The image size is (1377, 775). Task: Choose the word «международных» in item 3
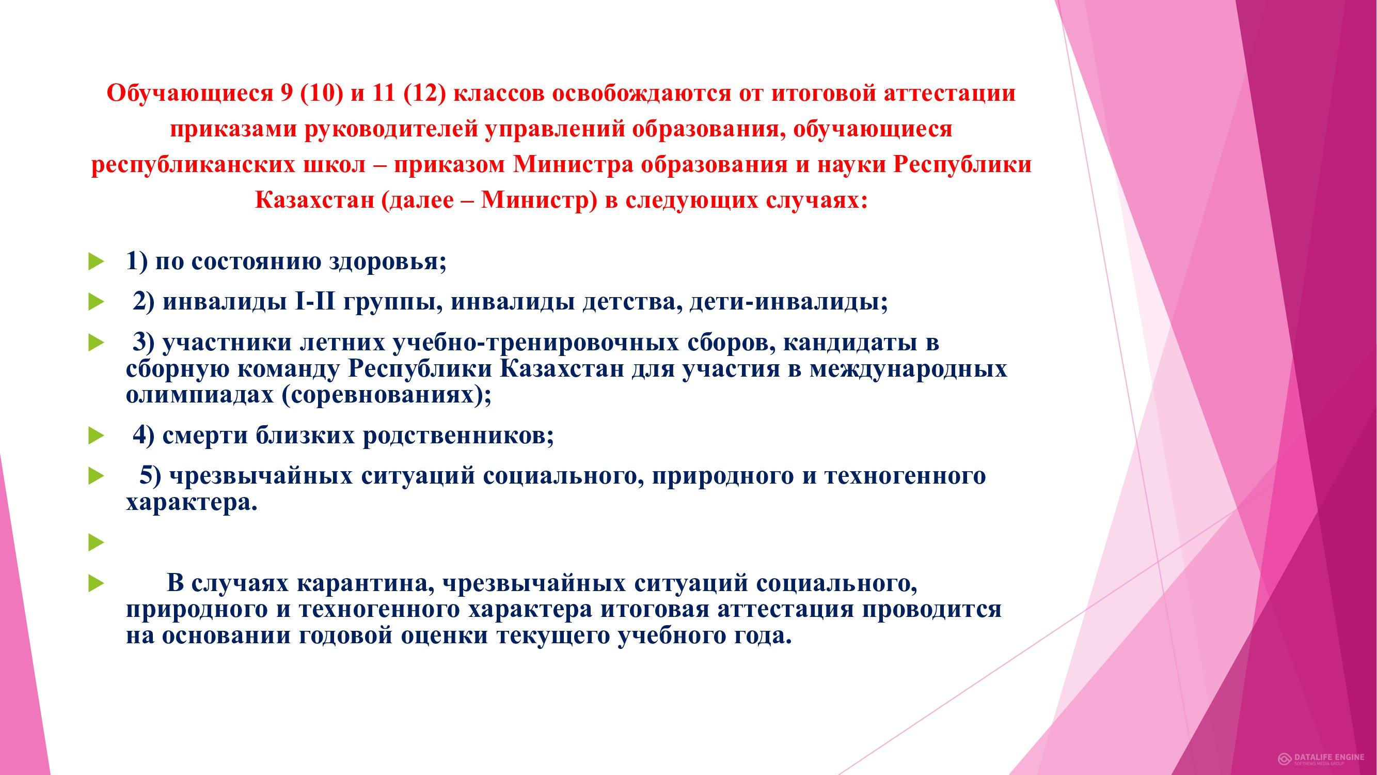pos(908,370)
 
